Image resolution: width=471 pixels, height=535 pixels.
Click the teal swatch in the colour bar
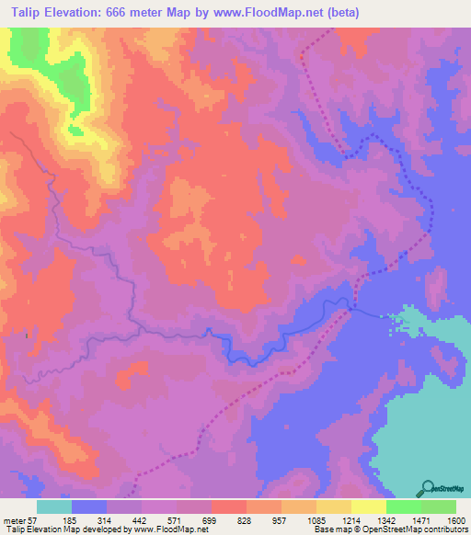tap(53, 507)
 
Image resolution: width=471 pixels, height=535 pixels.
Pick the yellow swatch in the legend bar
tap(368, 507)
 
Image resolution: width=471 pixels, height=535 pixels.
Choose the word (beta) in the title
tap(339, 13)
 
